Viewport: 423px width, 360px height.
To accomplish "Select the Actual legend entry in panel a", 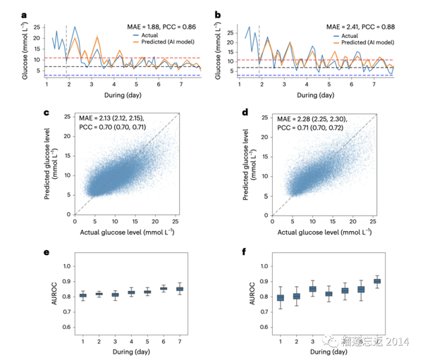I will pos(153,35).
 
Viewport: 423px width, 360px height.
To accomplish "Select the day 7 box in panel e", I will pos(180,289).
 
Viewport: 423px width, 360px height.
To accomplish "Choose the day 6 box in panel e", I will pos(164,287).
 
